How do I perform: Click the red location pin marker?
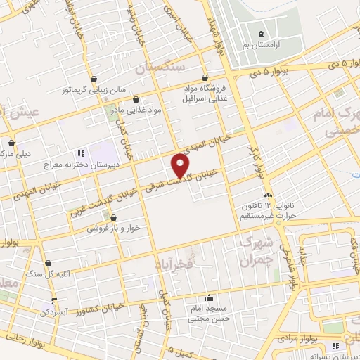pyautogui.click(x=181, y=166)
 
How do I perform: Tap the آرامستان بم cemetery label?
pyautogui.click(x=261, y=44)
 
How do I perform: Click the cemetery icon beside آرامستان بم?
pyautogui.click(x=261, y=34)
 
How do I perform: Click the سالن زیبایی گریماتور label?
pyautogui.click(x=94, y=90)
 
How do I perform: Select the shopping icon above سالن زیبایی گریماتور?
pyautogui.click(x=94, y=78)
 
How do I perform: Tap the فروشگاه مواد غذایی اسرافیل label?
pyautogui.click(x=205, y=94)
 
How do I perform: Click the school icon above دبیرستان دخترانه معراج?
pyautogui.click(x=81, y=151)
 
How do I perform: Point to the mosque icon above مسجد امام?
pyautogui.click(x=208, y=298)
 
